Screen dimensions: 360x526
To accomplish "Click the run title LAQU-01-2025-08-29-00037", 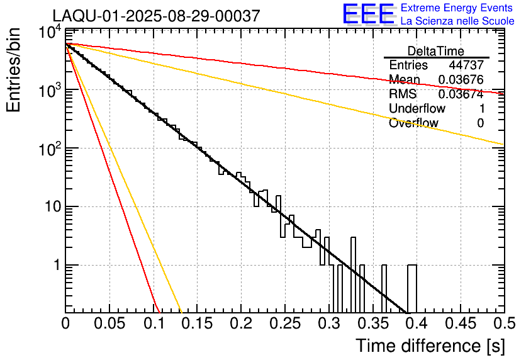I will [x=155, y=16].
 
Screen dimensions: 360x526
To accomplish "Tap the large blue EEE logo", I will [x=368, y=14].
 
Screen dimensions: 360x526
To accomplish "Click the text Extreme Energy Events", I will [x=457, y=8].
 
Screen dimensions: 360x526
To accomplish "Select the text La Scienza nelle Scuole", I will [x=457, y=21].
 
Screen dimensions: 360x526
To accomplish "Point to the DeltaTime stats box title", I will [x=436, y=51].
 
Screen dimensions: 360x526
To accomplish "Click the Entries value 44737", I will [x=466, y=65].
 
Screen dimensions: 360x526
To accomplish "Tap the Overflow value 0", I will [x=480, y=123].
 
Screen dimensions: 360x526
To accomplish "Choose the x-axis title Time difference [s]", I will [x=429, y=346].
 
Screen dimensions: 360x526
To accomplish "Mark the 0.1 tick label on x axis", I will [x=153, y=323].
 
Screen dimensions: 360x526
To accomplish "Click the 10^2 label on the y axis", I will [x=48, y=150].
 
